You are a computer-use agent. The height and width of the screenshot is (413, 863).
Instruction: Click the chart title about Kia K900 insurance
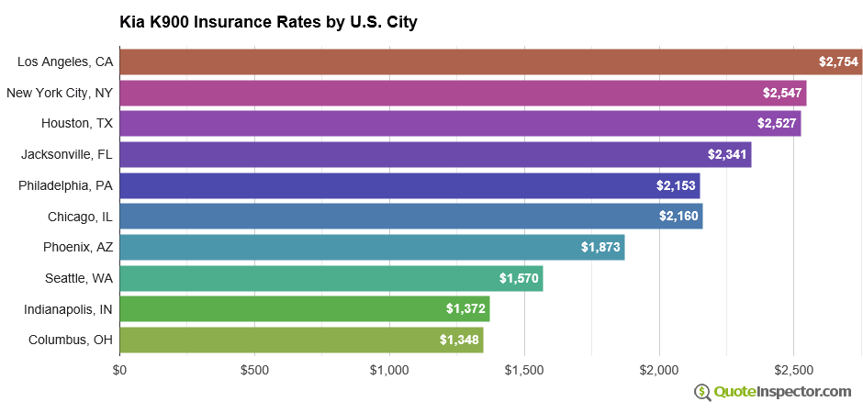(x=268, y=22)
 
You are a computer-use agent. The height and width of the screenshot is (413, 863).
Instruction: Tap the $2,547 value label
(x=782, y=93)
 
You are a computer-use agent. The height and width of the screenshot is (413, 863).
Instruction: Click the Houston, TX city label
(x=77, y=123)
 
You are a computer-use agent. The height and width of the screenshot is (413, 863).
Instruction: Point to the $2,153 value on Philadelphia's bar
(x=676, y=185)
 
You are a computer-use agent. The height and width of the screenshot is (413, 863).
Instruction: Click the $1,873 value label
(x=600, y=247)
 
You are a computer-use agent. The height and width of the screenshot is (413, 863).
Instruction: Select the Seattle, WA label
(x=79, y=278)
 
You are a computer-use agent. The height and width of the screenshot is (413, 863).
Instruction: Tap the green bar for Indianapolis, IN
(x=304, y=309)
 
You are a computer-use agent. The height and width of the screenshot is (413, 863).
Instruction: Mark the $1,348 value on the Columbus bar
(x=459, y=340)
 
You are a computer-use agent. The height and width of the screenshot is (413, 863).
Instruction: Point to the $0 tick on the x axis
(x=119, y=370)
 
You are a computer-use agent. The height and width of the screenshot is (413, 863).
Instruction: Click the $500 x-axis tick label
(x=254, y=370)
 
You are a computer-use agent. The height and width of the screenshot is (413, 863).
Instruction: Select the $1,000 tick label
(x=389, y=370)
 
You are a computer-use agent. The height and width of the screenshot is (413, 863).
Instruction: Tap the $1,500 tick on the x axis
(x=524, y=370)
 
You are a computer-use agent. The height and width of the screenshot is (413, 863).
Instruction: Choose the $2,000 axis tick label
(x=659, y=370)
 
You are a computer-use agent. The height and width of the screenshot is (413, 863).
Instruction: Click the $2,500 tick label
(x=794, y=370)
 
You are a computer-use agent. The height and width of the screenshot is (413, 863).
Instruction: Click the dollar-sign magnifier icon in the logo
(x=702, y=393)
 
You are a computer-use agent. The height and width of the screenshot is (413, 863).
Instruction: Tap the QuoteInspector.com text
(x=783, y=393)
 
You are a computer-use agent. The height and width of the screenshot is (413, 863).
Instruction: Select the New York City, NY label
(x=60, y=93)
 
